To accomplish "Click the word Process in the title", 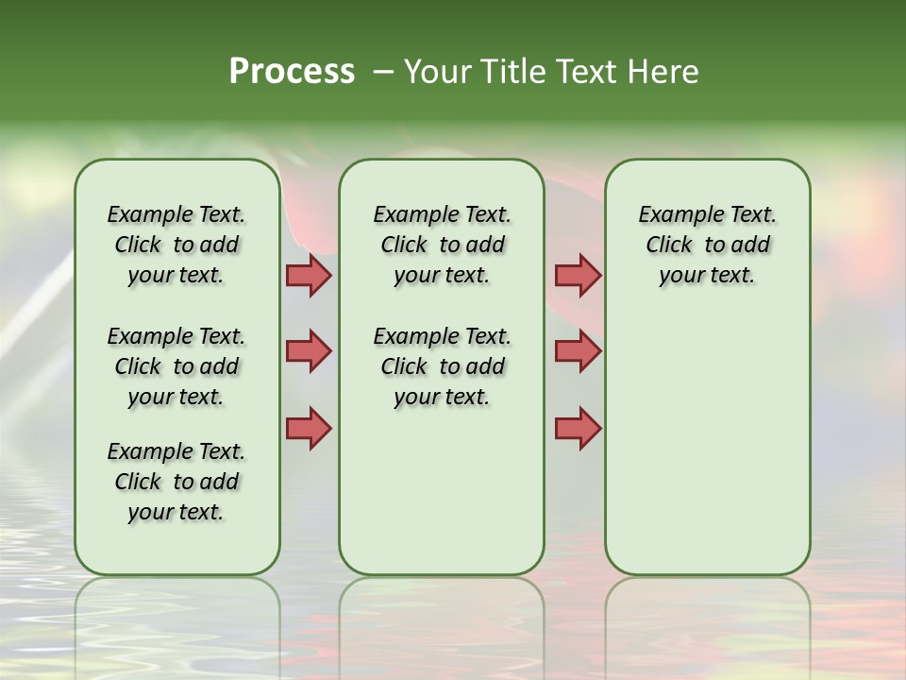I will point(292,72).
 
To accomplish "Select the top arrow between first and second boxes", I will point(308,275).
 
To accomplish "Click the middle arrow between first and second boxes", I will point(308,351).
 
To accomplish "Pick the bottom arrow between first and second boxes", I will point(308,428).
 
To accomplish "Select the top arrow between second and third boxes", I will point(578,275).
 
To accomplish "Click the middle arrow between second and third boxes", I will point(578,351).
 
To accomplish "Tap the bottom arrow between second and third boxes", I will point(578,428).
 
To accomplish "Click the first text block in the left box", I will point(176,245).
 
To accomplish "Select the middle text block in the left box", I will point(176,366).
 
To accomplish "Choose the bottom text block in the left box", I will point(176,482).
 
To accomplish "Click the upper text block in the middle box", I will point(442,245).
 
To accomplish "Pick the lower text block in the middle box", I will point(442,366).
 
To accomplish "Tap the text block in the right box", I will point(708,245).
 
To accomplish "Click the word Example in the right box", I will point(675,215).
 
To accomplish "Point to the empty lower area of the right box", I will point(708,444).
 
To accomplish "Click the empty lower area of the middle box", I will point(442,491).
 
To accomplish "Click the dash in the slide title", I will point(383,72).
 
